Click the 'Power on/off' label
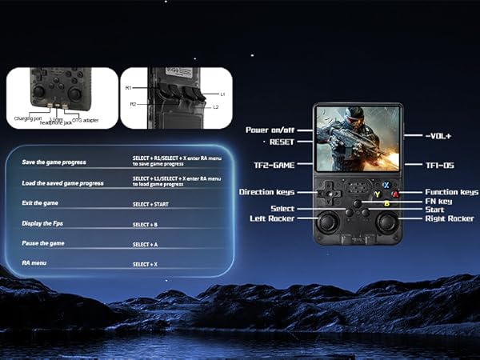(270, 130)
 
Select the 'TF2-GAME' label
(274, 165)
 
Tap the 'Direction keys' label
(266, 192)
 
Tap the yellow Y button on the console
(377, 194)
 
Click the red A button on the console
(394, 194)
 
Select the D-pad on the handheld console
(326, 193)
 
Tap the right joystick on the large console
(386, 223)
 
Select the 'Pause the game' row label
(44, 242)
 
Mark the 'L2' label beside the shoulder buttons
(215, 106)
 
